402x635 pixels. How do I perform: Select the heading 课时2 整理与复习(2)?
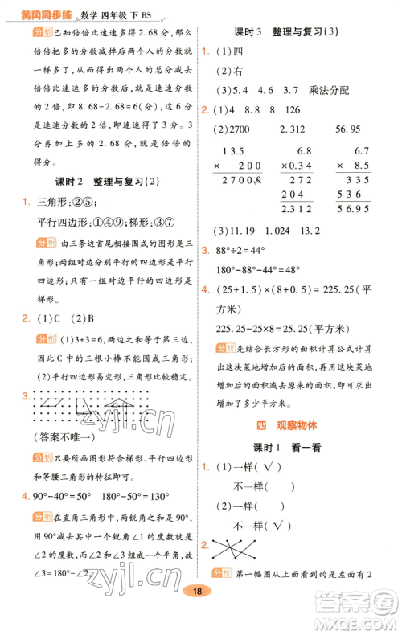point(96,182)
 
